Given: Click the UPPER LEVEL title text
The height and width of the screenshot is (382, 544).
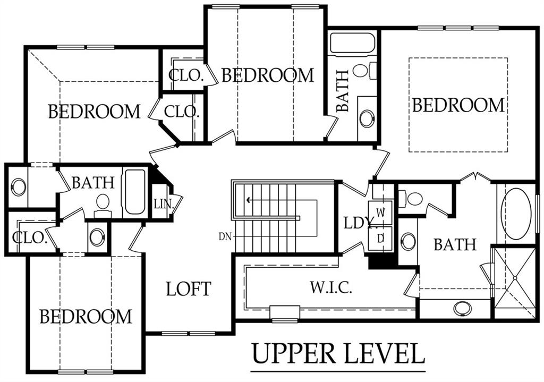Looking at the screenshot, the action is coord(338,353).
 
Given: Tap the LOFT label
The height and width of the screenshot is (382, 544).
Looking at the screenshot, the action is coord(189,288).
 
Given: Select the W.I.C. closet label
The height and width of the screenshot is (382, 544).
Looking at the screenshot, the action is coord(331,287).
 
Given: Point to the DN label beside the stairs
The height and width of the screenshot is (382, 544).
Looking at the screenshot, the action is coord(225,237).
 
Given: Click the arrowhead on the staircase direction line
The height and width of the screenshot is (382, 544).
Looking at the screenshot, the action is coord(249,200).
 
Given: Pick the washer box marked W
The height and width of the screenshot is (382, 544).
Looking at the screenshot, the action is coord(380,213).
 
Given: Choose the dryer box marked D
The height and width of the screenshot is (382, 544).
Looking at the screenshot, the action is coord(380,239).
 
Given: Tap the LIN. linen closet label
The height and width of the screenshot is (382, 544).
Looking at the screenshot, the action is coord(164,204).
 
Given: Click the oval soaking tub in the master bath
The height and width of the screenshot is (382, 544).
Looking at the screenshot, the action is coord(516,214).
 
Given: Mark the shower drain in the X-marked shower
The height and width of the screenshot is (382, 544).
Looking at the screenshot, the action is coord(515,277).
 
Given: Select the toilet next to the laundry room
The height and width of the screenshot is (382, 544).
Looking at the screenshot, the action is coord(411,199).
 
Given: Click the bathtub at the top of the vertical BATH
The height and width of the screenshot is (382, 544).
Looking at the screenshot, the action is coord(352,44).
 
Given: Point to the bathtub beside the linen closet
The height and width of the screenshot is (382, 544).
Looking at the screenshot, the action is coord(134,191).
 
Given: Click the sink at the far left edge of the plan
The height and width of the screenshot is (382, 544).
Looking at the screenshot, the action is coord(19,187).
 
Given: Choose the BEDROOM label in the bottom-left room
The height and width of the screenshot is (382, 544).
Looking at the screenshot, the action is coord(86,316).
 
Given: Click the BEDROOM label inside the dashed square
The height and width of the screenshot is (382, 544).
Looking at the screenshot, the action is coord(458,105).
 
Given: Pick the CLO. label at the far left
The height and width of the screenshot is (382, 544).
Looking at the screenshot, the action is coord(29,237).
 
